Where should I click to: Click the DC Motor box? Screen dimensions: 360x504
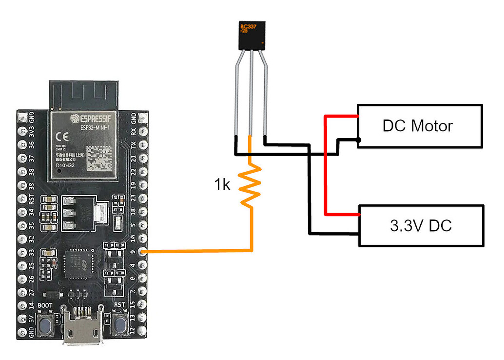click(420, 126)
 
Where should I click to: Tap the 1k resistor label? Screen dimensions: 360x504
click(222, 185)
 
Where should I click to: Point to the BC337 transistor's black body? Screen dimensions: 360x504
click(252, 36)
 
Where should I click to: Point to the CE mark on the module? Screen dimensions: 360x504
click(63, 135)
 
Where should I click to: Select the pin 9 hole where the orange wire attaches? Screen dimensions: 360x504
click(142, 252)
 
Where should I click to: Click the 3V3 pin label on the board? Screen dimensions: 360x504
click(32, 132)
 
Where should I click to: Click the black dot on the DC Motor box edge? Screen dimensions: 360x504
click(359, 140)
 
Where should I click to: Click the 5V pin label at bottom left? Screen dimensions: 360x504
click(32, 320)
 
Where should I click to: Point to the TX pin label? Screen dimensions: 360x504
click(133, 145)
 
